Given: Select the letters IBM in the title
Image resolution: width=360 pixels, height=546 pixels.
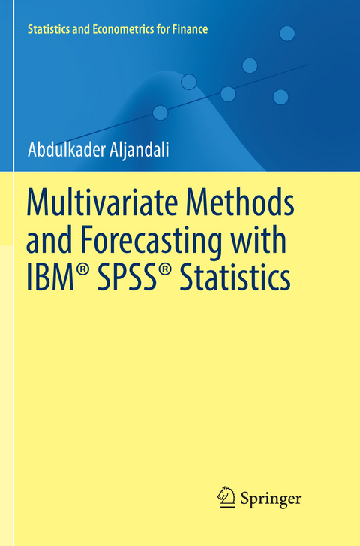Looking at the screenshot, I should click(52, 278).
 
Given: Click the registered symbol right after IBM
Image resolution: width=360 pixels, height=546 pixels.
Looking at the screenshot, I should click(84, 271).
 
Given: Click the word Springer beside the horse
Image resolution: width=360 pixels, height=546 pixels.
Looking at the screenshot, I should click(271, 497).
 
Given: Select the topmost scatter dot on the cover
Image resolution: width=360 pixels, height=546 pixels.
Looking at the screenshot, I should click(287, 33).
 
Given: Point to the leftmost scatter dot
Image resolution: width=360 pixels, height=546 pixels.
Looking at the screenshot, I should click(160, 112).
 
